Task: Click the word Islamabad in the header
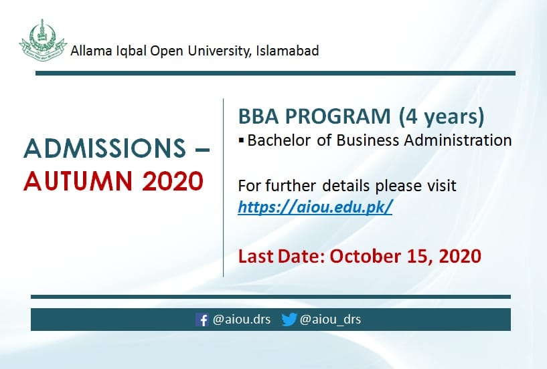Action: coord(287,51)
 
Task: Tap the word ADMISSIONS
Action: coord(104,148)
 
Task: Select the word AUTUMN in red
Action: coord(78,181)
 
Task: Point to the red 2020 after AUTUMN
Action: coord(172,181)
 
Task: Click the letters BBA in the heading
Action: coord(258,116)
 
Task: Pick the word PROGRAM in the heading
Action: coord(337,116)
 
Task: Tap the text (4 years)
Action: coord(442,117)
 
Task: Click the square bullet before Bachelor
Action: coord(241,140)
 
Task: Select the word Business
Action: coord(367,140)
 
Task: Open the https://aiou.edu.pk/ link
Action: coord(315,207)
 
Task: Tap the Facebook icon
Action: coord(202,320)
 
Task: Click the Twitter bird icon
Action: coord(289,320)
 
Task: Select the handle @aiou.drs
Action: coord(242,320)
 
